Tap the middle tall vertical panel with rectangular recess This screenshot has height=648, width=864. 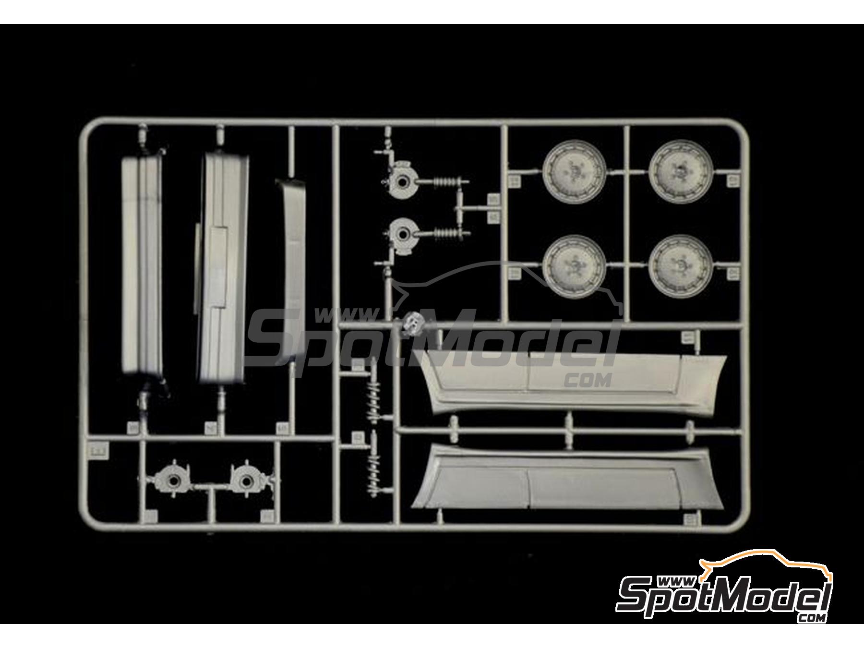tap(222, 269)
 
